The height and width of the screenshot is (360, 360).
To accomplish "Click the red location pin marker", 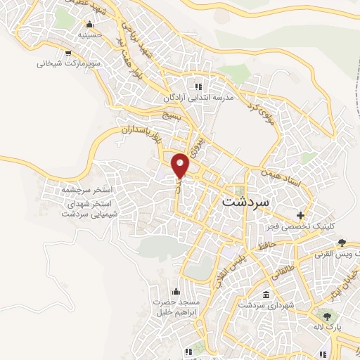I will point(181,165).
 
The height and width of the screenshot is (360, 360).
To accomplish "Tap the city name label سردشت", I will point(245,200).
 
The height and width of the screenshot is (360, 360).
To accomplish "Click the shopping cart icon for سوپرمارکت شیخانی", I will point(67,51).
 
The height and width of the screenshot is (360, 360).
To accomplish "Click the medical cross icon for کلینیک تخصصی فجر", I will point(301,215).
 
